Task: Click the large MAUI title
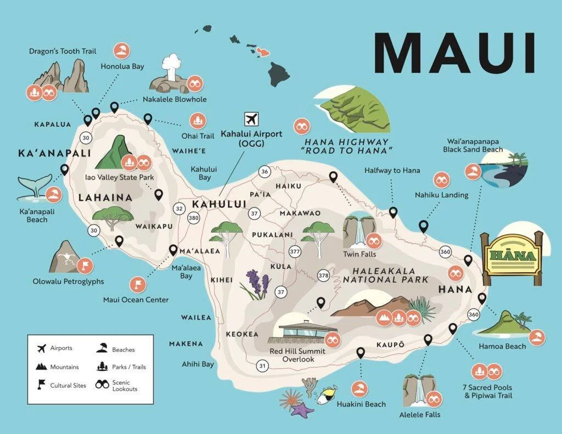coord(454,53)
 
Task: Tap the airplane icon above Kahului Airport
coord(251,119)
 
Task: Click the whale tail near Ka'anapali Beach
coord(34,187)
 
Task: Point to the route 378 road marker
coord(323,275)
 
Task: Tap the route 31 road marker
coord(263,365)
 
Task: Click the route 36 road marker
coord(265,172)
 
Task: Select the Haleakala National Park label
coord(385,275)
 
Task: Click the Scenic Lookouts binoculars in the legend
coord(103,385)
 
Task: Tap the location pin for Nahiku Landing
coord(423,226)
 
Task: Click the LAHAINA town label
coord(105,198)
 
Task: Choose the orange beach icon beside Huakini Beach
coord(359,389)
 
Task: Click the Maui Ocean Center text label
coord(136,300)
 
